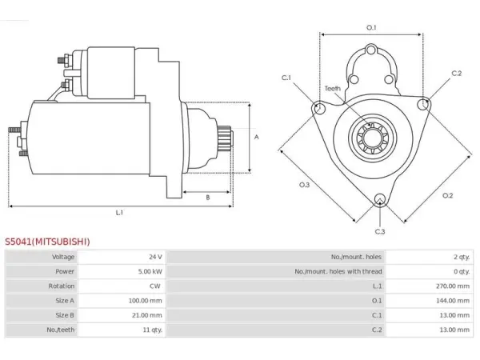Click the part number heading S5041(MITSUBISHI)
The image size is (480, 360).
(x=47, y=242)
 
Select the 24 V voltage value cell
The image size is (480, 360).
(x=155, y=257)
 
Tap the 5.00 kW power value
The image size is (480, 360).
(x=150, y=271)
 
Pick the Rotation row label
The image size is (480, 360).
(x=62, y=286)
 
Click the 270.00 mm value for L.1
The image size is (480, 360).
(x=453, y=286)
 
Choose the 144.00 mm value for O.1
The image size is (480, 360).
(x=453, y=301)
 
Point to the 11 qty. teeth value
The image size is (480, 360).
(x=153, y=330)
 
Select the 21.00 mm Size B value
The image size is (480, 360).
(x=147, y=315)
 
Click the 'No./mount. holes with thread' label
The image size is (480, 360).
(x=338, y=271)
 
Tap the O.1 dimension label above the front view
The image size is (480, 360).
(x=371, y=27)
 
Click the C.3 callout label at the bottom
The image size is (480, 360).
(x=380, y=231)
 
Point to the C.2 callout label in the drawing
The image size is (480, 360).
(x=457, y=73)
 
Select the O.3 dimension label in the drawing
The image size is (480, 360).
(x=304, y=185)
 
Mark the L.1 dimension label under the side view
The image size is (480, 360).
(x=119, y=212)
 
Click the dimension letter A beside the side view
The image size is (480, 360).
(x=257, y=137)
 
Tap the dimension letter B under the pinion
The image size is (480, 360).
(x=208, y=198)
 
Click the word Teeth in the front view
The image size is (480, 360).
(x=333, y=89)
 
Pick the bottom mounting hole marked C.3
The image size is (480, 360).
(x=380, y=199)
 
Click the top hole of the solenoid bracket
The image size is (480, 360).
(x=371, y=50)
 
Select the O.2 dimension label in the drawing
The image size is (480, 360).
(x=447, y=195)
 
